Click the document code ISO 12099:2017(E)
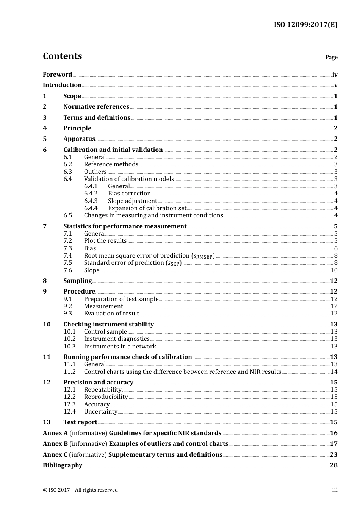305,25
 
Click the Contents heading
62,56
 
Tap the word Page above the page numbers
331,57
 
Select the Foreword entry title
57,75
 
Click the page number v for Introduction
335,85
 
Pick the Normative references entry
96,107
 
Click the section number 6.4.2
91,194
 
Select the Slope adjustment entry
132,201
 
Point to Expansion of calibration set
147,208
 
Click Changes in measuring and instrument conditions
153,215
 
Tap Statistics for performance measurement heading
125,226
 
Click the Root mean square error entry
149,256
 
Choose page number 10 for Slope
334,270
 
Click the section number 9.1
67,299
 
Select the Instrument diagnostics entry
117,339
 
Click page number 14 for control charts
334,372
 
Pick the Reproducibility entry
106,397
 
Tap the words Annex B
55,444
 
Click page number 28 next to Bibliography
333,465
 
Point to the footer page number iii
335,490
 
